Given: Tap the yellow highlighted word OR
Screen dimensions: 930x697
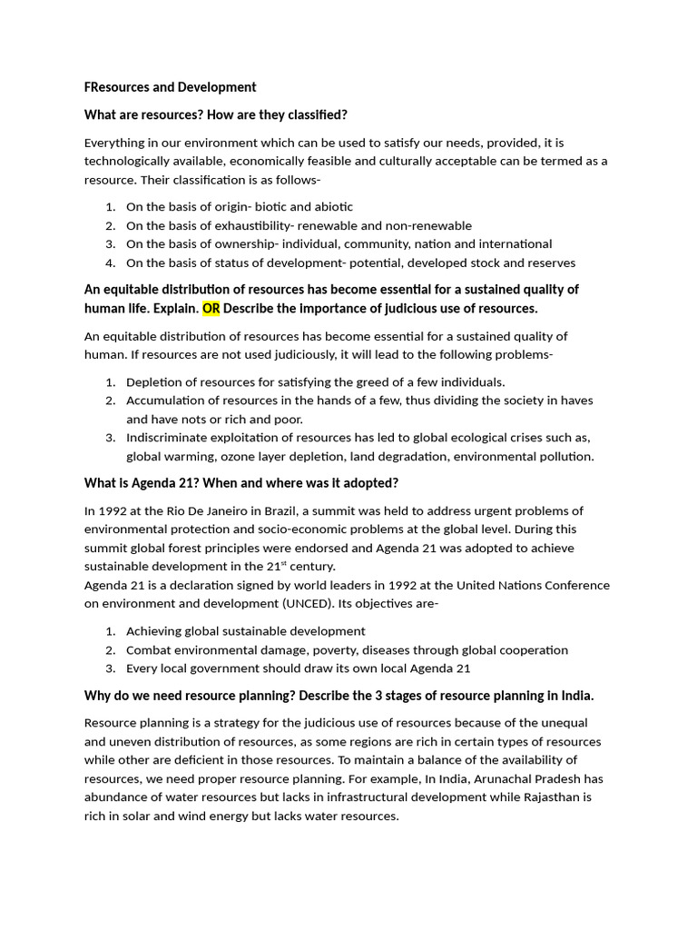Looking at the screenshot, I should click(211, 309).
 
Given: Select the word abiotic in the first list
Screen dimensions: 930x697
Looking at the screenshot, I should click(329, 207).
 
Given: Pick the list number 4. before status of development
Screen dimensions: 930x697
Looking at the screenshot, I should click(110, 263).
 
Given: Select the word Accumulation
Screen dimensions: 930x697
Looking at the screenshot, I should click(162, 401).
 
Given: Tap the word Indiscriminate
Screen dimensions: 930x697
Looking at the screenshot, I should click(167, 438).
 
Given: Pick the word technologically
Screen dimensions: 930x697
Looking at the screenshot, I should click(130, 162).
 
